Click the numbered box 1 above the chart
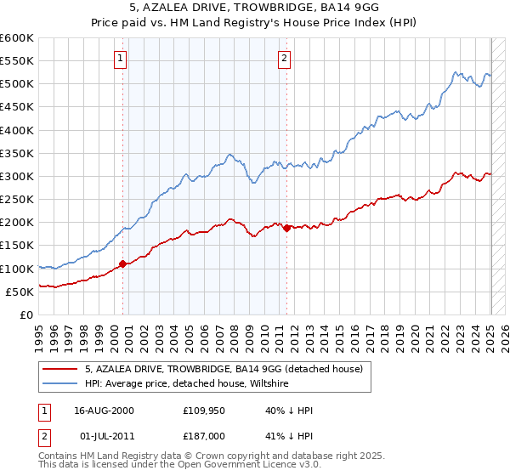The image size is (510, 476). pos(122,59)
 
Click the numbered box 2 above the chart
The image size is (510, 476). pos(284,59)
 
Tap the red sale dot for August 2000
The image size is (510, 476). pos(122,263)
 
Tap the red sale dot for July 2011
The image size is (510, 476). pos(286,228)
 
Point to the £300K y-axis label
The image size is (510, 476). pos(17,176)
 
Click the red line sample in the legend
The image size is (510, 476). pos(60,369)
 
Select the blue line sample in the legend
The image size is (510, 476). pos(60,383)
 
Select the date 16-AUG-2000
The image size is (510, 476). pos(104,410)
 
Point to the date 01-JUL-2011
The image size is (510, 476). pos(104,437)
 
